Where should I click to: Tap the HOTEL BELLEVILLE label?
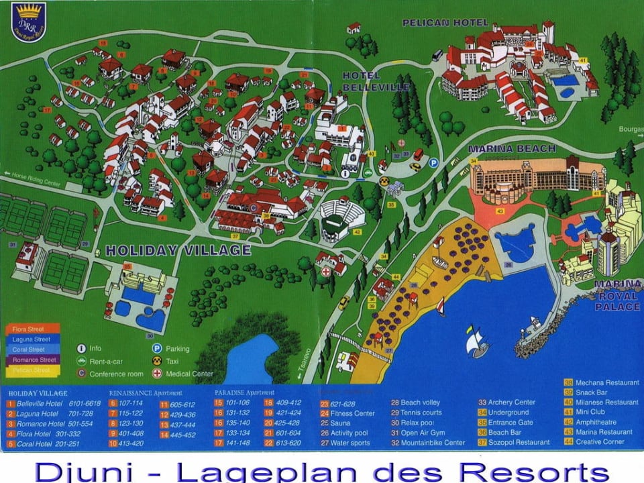[361, 81]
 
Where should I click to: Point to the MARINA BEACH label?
[512, 148]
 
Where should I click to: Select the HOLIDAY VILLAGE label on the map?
[178, 250]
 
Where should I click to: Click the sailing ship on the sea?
[477, 342]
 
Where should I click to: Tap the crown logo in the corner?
[29, 21]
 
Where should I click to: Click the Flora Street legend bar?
[32, 329]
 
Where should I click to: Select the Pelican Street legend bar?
[32, 370]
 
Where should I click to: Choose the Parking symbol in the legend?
[157, 349]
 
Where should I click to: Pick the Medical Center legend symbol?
[157, 374]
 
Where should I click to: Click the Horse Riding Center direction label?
[33, 174]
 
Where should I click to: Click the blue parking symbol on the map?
[433, 162]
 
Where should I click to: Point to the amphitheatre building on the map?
[341, 219]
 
